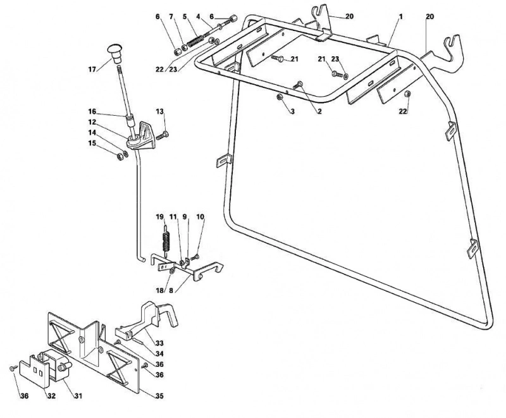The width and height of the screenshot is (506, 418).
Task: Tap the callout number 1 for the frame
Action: coord(400,16)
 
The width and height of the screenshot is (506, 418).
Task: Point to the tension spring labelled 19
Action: coord(166,239)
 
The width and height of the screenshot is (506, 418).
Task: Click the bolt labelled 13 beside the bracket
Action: coord(163,136)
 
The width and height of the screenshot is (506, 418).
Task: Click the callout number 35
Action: coord(159,396)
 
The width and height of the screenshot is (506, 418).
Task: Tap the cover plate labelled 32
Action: coord(34,371)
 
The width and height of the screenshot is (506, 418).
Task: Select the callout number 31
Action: coord(78,395)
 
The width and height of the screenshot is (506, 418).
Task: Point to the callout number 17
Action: coord(92,69)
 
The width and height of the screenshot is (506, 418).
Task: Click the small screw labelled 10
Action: coord(195,257)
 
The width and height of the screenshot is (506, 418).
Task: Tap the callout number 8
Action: coord(171,290)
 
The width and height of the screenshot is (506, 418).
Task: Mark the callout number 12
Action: coord(92,122)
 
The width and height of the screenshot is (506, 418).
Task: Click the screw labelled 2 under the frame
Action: coord(298,85)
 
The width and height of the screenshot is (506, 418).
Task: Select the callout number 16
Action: coord(92,111)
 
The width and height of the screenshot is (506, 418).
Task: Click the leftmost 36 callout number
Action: coord(24,396)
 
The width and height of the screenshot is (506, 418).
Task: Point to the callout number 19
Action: coord(160,217)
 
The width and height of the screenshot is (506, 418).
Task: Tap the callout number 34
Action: coord(159,354)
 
